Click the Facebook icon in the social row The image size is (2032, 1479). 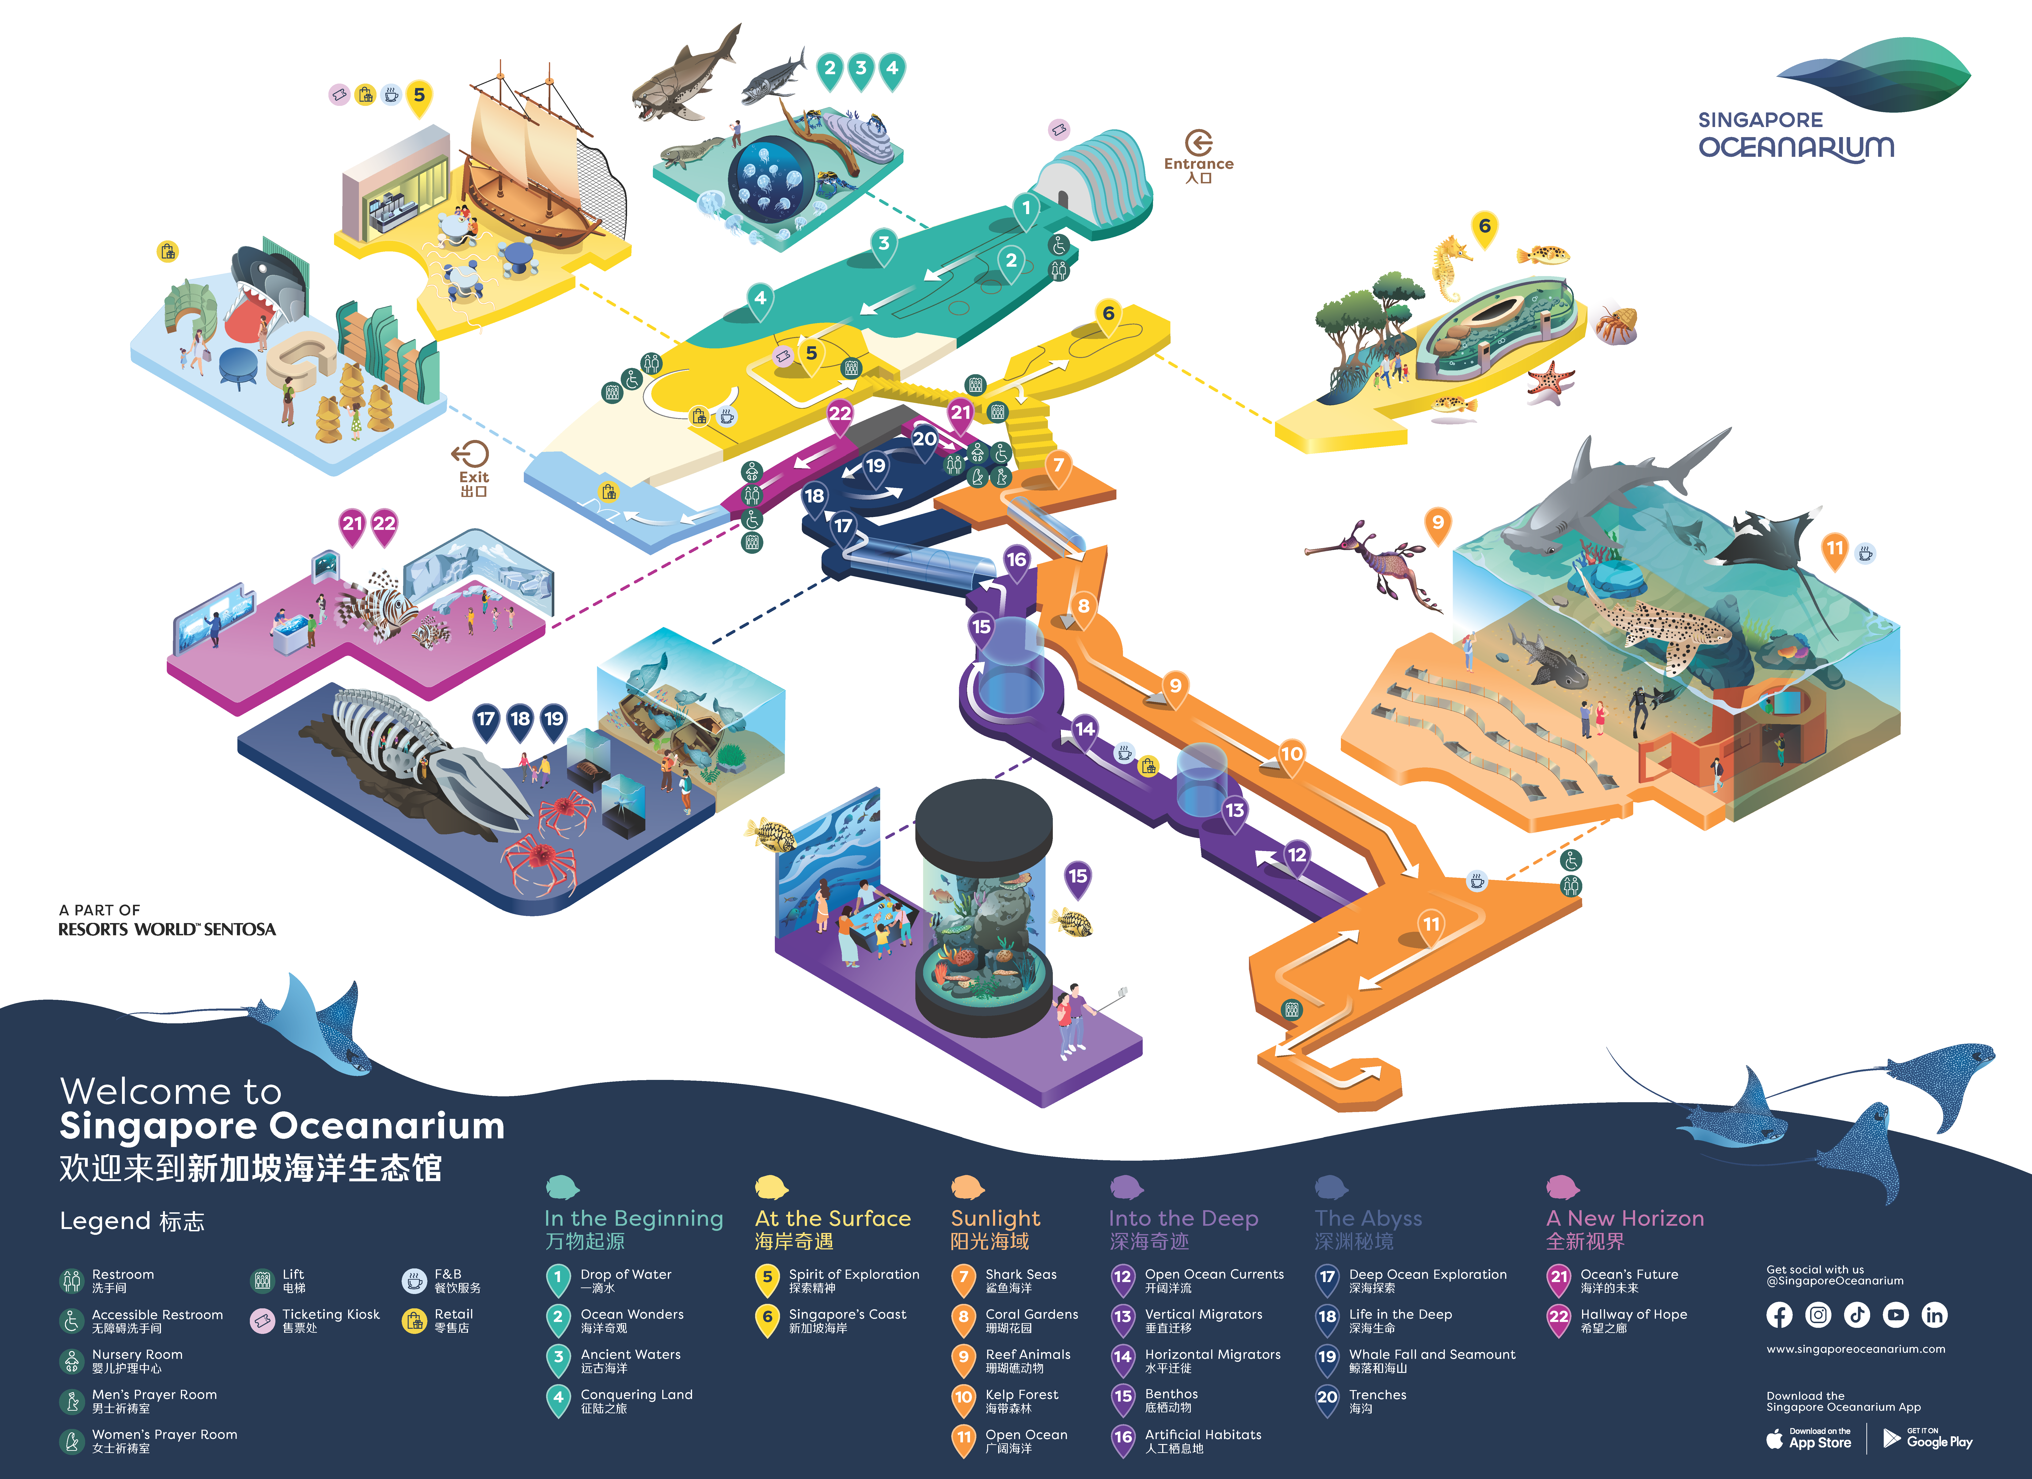coord(1779,1315)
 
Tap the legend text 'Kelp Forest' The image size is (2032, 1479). coord(1021,1395)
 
